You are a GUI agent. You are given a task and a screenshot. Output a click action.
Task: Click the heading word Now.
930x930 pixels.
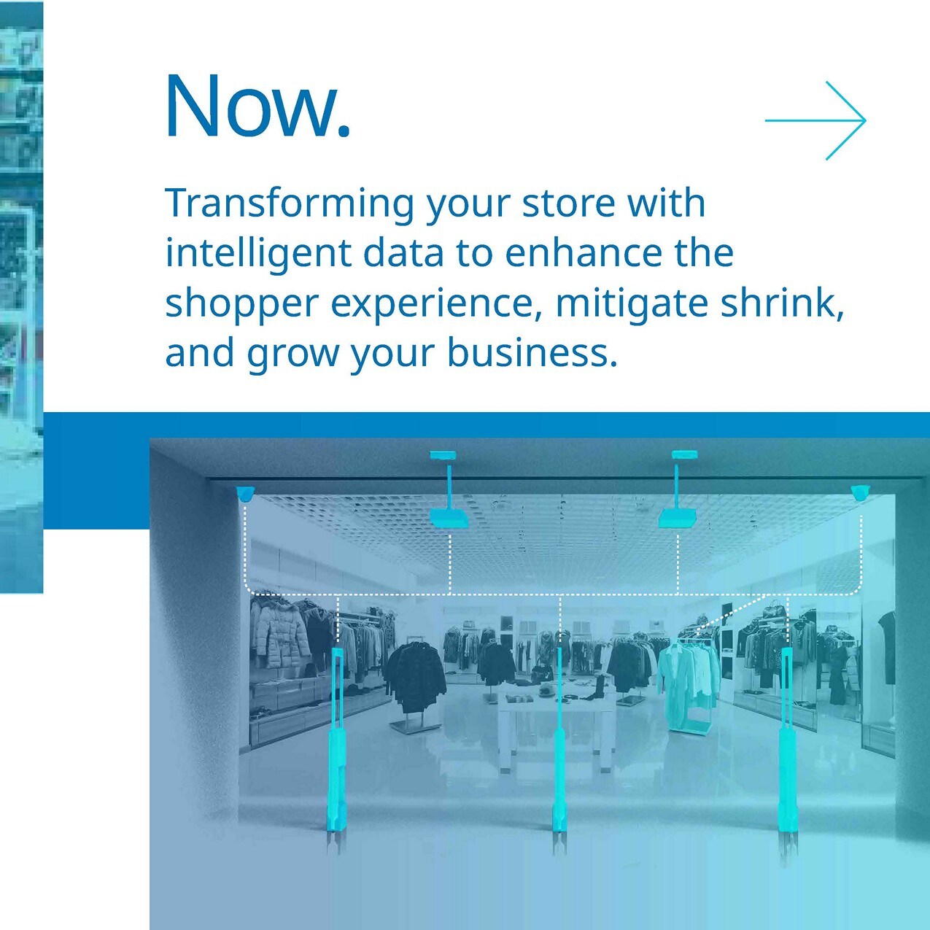click(x=257, y=106)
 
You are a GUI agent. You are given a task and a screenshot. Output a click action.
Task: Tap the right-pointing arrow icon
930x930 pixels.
click(x=815, y=120)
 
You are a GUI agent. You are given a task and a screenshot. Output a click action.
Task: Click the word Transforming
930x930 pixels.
click(x=290, y=204)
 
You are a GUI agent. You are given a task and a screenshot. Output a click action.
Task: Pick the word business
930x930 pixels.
click(x=532, y=353)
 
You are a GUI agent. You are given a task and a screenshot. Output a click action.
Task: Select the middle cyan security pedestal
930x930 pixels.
click(x=559, y=751)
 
